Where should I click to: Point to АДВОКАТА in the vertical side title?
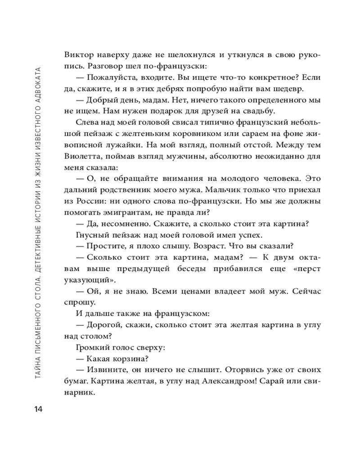38,85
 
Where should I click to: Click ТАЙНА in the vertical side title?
38,376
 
